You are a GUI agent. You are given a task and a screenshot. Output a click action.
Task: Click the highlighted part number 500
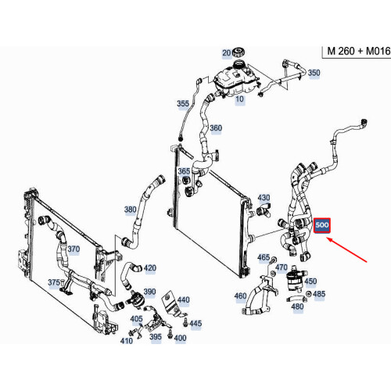(x=322, y=225)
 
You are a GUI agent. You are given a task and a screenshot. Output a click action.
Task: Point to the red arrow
(x=347, y=249)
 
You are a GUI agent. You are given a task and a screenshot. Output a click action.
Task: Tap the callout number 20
(x=226, y=53)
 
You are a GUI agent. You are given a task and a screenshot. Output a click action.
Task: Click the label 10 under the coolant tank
(x=239, y=99)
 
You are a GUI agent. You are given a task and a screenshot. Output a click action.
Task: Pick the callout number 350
(x=314, y=73)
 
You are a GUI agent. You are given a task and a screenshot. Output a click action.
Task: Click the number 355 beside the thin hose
(x=183, y=103)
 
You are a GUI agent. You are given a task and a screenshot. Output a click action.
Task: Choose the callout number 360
(x=216, y=128)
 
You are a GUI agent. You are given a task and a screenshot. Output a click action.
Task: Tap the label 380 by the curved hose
(x=131, y=210)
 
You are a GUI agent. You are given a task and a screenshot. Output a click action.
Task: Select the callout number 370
(x=74, y=249)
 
